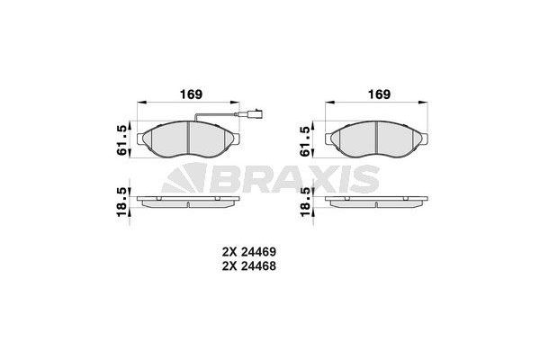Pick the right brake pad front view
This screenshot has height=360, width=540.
click(377, 140)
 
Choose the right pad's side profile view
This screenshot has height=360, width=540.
click(377, 200)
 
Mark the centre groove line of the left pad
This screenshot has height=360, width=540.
click(185, 140)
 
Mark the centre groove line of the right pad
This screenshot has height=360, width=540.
click(374, 140)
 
